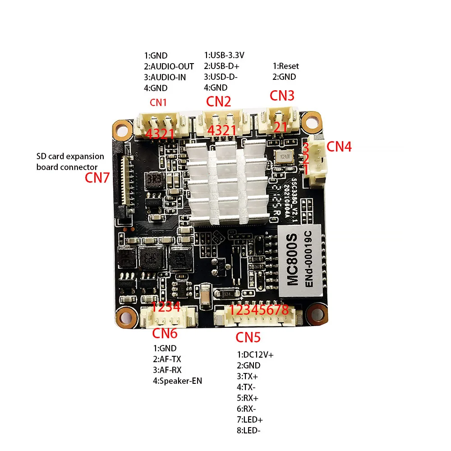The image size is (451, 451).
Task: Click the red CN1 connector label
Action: click(x=158, y=102)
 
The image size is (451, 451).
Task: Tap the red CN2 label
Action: click(x=219, y=101)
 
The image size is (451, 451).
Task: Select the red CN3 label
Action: click(x=282, y=95)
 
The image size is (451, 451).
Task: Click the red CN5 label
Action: click(x=248, y=337)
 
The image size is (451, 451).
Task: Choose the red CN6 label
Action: click(x=165, y=334)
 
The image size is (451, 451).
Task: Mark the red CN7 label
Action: click(x=97, y=178)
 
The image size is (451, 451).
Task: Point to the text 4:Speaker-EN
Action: click(x=178, y=381)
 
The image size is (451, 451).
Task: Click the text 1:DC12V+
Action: click(x=255, y=354)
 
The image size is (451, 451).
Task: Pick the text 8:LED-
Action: click(x=249, y=430)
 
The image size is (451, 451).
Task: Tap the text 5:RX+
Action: click(x=248, y=398)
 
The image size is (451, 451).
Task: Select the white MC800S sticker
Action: click(x=299, y=263)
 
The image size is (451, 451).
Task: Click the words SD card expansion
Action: click(x=70, y=156)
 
